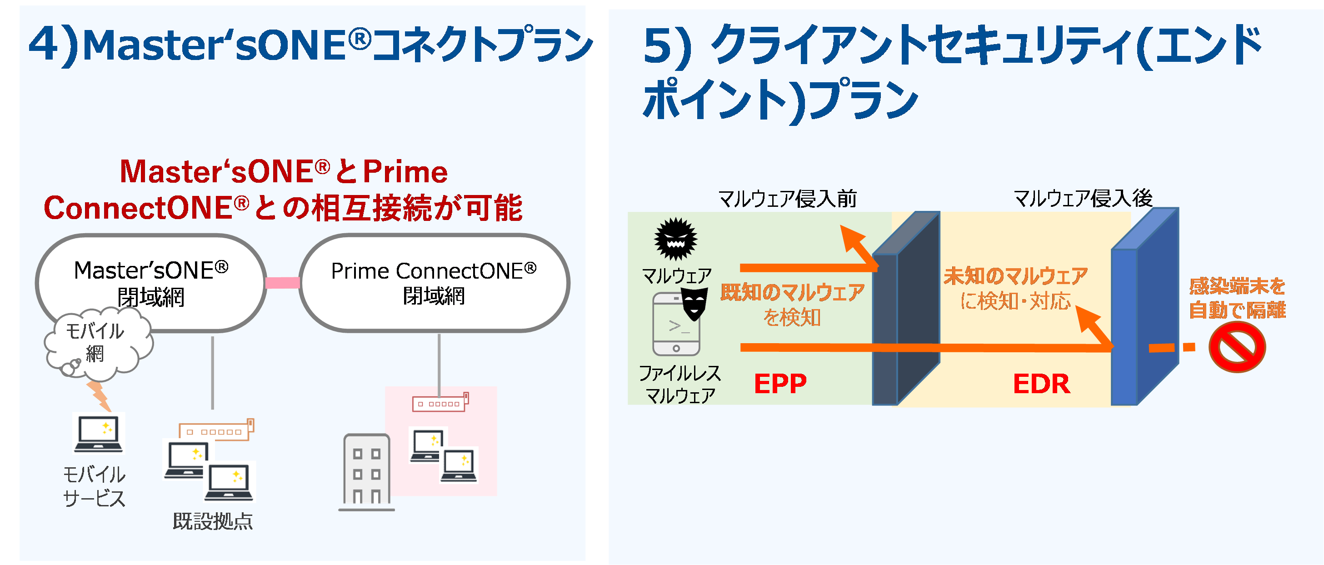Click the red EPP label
779,384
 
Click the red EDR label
1041,384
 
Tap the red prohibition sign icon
1237,348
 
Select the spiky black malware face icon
675,239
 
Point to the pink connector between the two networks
282,282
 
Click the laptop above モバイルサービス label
99,433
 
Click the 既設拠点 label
213,521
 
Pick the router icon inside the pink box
440,403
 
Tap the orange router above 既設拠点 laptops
216,430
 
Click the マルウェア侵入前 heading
787,199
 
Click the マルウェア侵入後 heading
1083,199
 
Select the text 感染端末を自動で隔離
1237,298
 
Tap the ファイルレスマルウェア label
679,384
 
